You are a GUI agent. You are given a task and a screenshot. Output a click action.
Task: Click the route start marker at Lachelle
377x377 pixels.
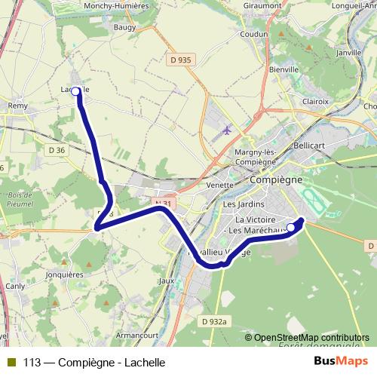75,91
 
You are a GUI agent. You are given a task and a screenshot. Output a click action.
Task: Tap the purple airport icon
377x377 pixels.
227,130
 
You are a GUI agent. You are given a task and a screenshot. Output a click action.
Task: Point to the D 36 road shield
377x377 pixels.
56,150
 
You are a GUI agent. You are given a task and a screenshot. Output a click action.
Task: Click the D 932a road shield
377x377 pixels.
214,321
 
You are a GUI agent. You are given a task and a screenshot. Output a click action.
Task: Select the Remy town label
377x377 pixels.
17,106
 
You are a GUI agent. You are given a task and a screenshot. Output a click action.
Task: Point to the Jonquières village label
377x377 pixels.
65,275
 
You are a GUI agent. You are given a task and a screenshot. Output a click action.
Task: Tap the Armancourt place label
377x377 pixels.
139,333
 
